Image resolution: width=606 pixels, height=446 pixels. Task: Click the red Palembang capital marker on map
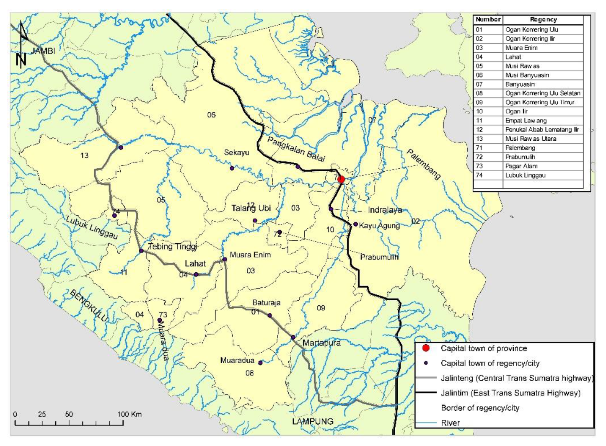[x=341, y=179]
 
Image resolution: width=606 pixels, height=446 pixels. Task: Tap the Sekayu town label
[x=236, y=152]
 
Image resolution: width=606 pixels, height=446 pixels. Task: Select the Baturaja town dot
[x=269, y=315]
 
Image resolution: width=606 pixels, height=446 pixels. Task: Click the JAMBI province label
[x=42, y=51]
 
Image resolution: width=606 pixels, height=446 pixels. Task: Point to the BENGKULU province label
[x=88, y=306]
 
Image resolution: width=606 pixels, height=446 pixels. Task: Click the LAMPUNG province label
[x=313, y=421]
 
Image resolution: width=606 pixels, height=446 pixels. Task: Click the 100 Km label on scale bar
[x=129, y=414]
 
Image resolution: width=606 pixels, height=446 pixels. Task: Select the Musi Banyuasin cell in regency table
[x=527, y=75]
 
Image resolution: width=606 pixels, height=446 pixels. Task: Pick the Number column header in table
[x=488, y=19]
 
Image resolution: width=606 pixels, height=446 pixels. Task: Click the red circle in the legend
[x=426, y=348]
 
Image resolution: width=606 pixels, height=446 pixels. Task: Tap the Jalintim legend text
[x=510, y=393]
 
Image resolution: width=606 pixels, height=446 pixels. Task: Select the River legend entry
[x=450, y=423]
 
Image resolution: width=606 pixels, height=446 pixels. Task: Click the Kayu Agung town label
[x=379, y=226]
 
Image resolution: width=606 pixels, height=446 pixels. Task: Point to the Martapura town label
[x=321, y=343]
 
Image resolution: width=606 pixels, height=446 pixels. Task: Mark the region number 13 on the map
[x=84, y=155]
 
